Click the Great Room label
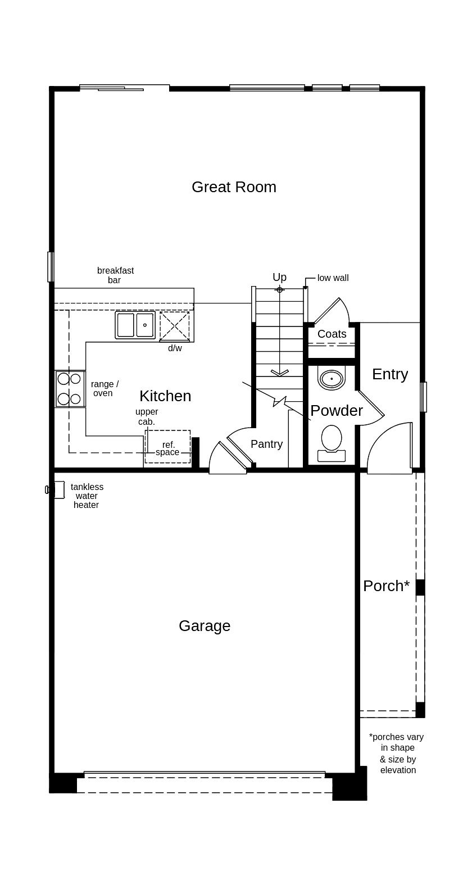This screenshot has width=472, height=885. (x=234, y=187)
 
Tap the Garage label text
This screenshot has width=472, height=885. (x=205, y=626)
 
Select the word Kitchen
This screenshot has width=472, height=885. (x=165, y=396)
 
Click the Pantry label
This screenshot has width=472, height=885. (x=266, y=444)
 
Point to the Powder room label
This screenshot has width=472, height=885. (x=336, y=411)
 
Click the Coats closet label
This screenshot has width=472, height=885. (x=332, y=334)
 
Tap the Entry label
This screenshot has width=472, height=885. (x=389, y=374)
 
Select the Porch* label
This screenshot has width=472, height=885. (x=386, y=586)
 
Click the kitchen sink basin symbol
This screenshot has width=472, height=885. (x=135, y=325)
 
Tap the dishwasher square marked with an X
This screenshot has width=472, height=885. (x=175, y=326)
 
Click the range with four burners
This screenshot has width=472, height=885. (x=70, y=389)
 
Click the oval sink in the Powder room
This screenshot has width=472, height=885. (x=332, y=379)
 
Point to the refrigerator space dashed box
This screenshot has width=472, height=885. (x=167, y=447)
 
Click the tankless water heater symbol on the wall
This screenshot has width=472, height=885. (x=56, y=490)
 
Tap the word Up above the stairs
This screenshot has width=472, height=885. (x=279, y=277)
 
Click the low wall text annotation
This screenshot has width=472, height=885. (x=333, y=278)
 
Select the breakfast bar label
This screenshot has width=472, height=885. (x=115, y=275)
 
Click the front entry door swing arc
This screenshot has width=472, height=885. (x=388, y=444)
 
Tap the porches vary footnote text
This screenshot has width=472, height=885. (x=397, y=754)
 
